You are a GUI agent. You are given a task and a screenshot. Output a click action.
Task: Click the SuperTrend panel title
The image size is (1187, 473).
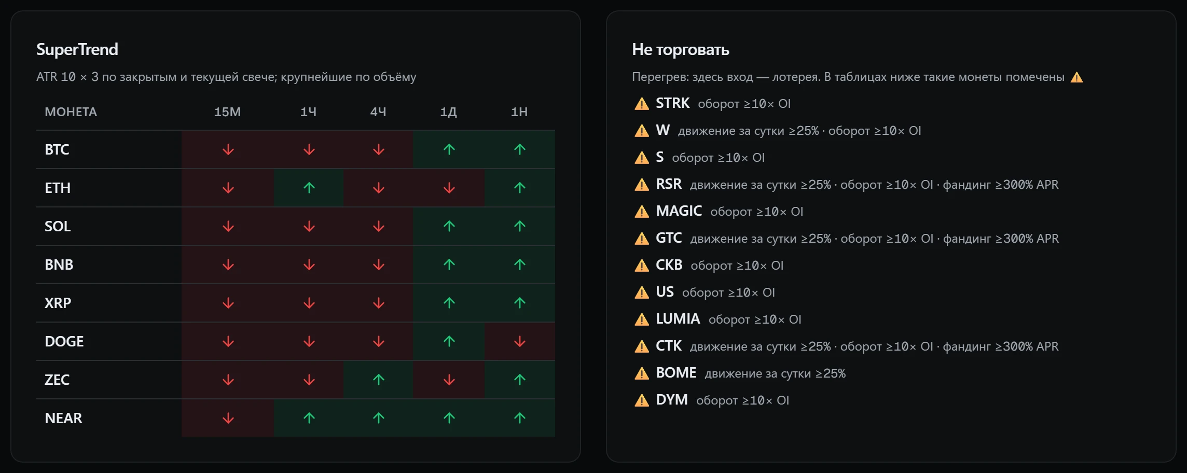77,49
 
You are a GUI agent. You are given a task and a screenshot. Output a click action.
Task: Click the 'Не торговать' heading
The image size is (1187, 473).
680,49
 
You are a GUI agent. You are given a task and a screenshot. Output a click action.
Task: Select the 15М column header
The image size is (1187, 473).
227,112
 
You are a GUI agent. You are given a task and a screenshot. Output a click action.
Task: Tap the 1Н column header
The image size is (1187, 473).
519,112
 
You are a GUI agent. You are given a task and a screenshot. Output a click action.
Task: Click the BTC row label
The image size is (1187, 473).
57,149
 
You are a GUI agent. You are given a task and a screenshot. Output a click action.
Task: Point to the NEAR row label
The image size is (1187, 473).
63,418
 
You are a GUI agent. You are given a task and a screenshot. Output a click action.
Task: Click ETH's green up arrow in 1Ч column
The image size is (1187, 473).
309,188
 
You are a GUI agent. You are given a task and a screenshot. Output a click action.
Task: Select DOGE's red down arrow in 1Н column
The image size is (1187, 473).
520,341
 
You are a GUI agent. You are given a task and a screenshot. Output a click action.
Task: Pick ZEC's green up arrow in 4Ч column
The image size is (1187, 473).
379,380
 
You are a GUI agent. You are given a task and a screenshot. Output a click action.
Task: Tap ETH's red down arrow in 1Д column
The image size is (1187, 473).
449,188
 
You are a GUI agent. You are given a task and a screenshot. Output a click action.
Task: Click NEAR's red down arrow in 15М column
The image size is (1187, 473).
228,418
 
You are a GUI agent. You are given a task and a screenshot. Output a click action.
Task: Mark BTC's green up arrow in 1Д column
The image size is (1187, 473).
449,149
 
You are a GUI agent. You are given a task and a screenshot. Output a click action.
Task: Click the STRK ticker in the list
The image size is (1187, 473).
672,103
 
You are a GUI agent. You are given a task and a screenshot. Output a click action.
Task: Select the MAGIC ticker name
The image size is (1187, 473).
679,211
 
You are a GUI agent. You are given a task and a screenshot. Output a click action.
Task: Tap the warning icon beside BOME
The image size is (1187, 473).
642,373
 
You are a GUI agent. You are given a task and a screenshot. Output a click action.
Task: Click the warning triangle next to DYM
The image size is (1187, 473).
642,400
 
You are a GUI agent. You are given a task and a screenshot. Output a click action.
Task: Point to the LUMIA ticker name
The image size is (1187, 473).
678,319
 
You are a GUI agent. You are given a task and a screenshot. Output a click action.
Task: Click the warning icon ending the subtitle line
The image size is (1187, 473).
1077,77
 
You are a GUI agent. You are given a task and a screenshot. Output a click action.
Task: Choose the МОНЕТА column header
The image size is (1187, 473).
71,112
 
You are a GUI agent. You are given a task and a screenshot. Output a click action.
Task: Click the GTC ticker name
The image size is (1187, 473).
669,238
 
